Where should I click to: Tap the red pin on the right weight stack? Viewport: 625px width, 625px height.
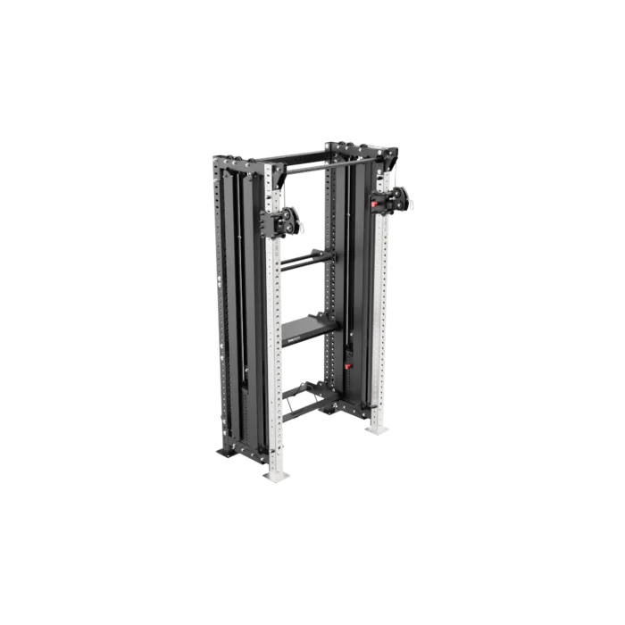coord(349,364)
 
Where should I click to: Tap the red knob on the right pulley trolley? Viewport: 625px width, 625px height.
coord(376,204)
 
